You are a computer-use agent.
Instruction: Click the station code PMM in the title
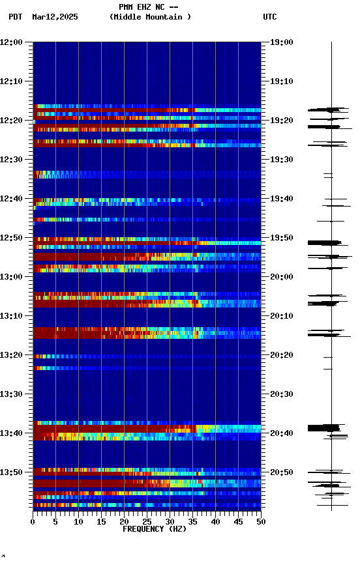click(126, 7)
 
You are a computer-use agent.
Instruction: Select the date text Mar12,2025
click(55, 17)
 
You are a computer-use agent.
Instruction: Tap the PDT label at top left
click(16, 17)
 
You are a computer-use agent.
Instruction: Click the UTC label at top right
click(270, 17)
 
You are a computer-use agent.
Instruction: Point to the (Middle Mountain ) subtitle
click(151, 17)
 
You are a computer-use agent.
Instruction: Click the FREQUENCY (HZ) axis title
click(147, 529)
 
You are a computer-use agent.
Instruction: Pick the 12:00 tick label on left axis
click(11, 42)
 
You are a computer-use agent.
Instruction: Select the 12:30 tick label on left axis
click(11, 160)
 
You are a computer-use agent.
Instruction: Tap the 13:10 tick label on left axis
click(11, 316)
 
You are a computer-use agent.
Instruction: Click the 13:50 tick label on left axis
click(11, 472)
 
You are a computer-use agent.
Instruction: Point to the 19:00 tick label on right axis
click(282, 42)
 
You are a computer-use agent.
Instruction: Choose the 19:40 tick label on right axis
click(282, 199)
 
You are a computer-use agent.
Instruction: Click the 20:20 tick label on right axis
click(282, 355)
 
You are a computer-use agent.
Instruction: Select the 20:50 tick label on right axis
click(282, 472)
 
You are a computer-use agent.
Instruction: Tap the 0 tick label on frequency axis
click(33, 521)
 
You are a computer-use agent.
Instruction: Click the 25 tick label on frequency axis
click(147, 521)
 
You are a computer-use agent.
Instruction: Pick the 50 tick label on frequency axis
click(261, 521)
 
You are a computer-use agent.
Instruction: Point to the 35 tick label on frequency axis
click(192, 521)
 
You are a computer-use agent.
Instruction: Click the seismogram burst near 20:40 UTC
click(324, 428)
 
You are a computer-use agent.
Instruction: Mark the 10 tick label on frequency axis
click(78, 521)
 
